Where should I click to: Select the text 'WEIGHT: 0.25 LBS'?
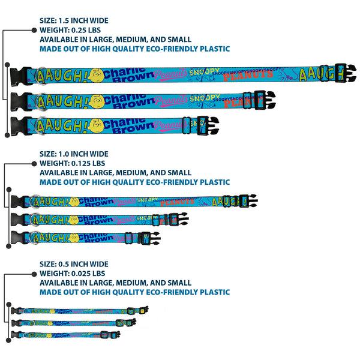(x=70, y=29)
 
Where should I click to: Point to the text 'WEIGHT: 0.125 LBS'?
(x=72, y=163)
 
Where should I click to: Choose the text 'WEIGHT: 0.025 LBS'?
(x=72, y=273)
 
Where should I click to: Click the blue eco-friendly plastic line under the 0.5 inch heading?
(x=134, y=292)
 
